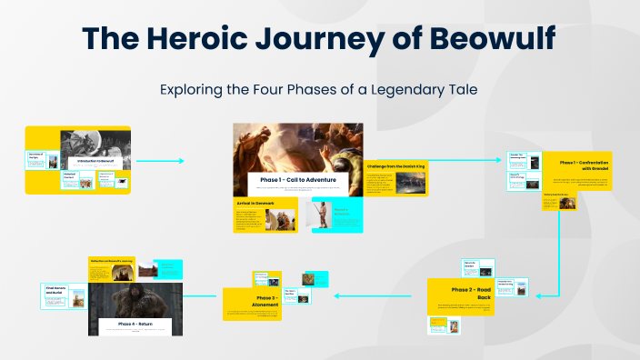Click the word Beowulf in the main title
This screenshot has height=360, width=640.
point(491,41)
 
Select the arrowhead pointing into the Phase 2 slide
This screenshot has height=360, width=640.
point(542,295)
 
